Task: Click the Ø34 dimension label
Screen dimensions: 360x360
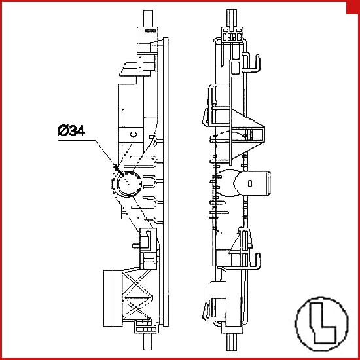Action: pyautogui.click(x=71, y=131)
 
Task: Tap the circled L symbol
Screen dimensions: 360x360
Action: pyautogui.click(x=322, y=324)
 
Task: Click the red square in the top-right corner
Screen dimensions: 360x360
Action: pyautogui.click(x=353, y=7)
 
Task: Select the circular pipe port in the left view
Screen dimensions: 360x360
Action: pyautogui.click(x=127, y=184)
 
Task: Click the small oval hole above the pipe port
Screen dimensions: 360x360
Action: pyautogui.click(x=134, y=134)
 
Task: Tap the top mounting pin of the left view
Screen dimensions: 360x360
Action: pyautogui.click(x=148, y=18)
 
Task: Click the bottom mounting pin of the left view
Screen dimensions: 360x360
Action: pyautogui.click(x=147, y=341)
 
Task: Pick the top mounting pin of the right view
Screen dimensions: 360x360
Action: pyautogui.click(x=232, y=18)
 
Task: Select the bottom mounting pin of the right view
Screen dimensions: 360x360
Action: pyautogui.click(x=232, y=342)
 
